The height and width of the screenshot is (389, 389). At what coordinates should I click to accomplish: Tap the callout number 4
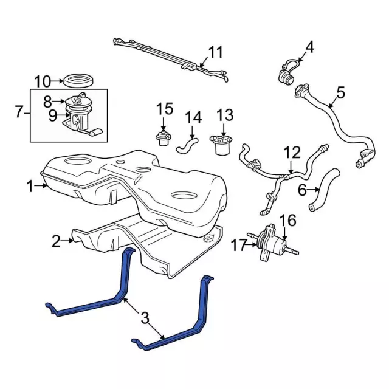309,46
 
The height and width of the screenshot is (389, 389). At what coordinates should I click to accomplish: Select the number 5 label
340,93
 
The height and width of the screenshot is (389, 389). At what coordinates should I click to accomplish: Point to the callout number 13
225,115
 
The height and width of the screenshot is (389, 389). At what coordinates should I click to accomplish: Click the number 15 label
165,109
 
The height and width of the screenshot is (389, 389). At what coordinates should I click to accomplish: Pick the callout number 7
19,112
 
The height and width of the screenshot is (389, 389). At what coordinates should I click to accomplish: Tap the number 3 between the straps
145,317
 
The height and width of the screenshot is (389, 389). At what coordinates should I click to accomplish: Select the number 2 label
56,242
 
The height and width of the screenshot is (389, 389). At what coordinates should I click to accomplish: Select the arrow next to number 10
58,80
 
